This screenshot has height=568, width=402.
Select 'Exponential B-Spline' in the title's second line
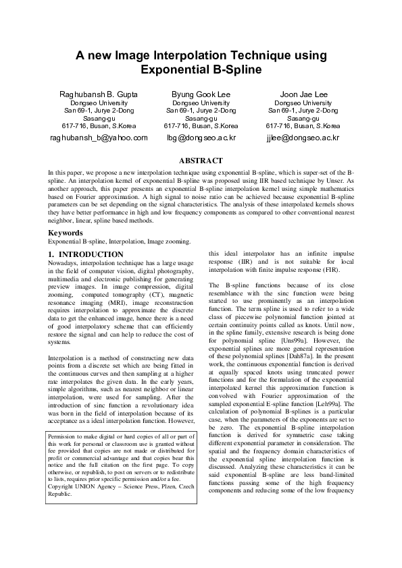click(x=201, y=69)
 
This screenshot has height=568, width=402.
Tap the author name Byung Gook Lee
click(x=201, y=94)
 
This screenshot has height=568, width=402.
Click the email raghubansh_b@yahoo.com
click(x=99, y=138)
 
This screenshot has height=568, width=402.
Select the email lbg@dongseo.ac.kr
click(x=201, y=138)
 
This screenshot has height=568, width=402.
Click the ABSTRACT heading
click(x=200, y=161)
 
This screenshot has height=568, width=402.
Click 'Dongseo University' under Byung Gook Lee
click(x=201, y=103)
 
